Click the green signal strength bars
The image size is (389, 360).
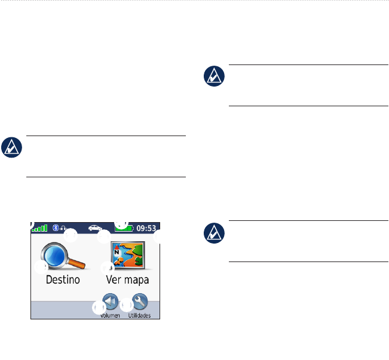click(39, 228)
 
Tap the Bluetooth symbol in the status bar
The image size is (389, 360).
click(56, 227)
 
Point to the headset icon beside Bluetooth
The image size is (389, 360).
click(62, 227)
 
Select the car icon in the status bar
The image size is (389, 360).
click(94, 227)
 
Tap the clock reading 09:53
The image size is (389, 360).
click(146, 228)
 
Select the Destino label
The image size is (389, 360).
click(63, 279)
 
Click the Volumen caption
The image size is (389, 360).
click(110, 315)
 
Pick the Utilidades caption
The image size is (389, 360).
click(139, 315)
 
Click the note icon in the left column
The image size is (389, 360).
click(11, 147)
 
